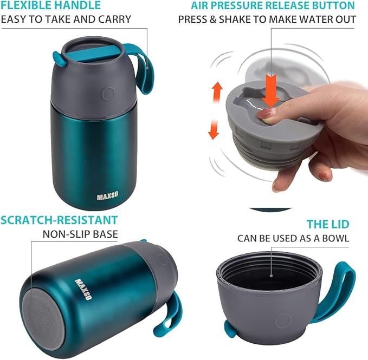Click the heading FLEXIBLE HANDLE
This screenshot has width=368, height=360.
coord(50,6)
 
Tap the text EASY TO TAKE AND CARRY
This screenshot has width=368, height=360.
coord(66,19)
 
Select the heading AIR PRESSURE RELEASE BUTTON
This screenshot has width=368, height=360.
coord(273,6)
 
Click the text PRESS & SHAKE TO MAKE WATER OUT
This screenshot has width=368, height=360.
coord(267,19)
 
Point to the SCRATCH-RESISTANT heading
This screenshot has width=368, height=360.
coord(59,220)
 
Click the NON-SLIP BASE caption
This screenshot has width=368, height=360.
coord(80,234)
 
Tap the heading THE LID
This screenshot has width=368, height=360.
coord(328,224)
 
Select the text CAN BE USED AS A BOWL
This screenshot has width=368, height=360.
coord(293,238)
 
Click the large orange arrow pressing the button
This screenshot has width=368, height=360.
coord(271,89)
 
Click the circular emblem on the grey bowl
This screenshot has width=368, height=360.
coord(282,322)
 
